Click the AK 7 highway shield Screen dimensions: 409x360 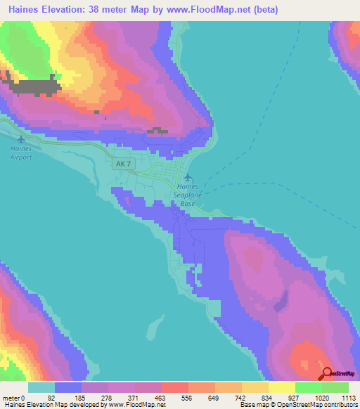(122, 163)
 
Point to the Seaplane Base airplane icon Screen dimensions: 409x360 (188, 176)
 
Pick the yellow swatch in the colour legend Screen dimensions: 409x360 (281, 387)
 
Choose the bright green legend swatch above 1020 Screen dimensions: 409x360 (308, 387)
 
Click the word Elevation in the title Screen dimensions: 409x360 (63, 10)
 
